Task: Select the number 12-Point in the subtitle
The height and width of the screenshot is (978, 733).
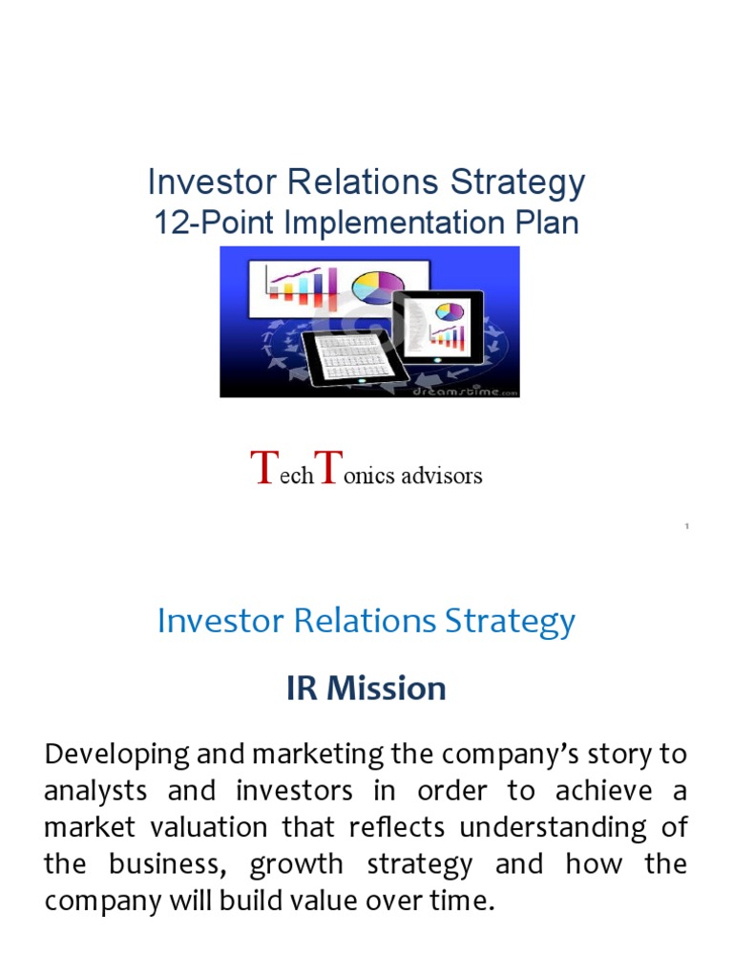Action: (x=200, y=223)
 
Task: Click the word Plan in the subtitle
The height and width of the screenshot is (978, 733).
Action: (x=545, y=223)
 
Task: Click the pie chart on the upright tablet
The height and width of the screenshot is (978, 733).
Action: (x=450, y=310)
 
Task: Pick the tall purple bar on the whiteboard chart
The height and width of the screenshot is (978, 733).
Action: (x=331, y=283)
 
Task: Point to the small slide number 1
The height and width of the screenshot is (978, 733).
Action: (x=687, y=527)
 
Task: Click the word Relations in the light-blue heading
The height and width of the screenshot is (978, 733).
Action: (x=366, y=622)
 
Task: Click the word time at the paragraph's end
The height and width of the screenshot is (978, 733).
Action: (x=462, y=901)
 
